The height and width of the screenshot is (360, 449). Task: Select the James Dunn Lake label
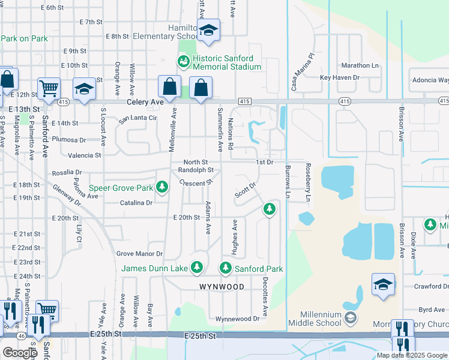pos(155,268)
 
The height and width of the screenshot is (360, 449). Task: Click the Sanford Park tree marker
pos(226,267)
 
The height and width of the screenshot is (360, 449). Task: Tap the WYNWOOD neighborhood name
pos(221,287)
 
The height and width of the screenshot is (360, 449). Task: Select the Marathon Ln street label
pos(360,65)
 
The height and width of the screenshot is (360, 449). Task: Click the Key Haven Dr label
pos(339,77)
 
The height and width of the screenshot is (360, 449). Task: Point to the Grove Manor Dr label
pos(139,254)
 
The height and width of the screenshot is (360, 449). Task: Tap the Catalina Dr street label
pos(136,203)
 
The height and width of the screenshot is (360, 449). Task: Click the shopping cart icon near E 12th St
pos(49,89)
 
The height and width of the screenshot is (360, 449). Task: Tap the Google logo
pos(20,353)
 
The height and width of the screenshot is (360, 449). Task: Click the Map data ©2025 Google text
pos(411,355)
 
